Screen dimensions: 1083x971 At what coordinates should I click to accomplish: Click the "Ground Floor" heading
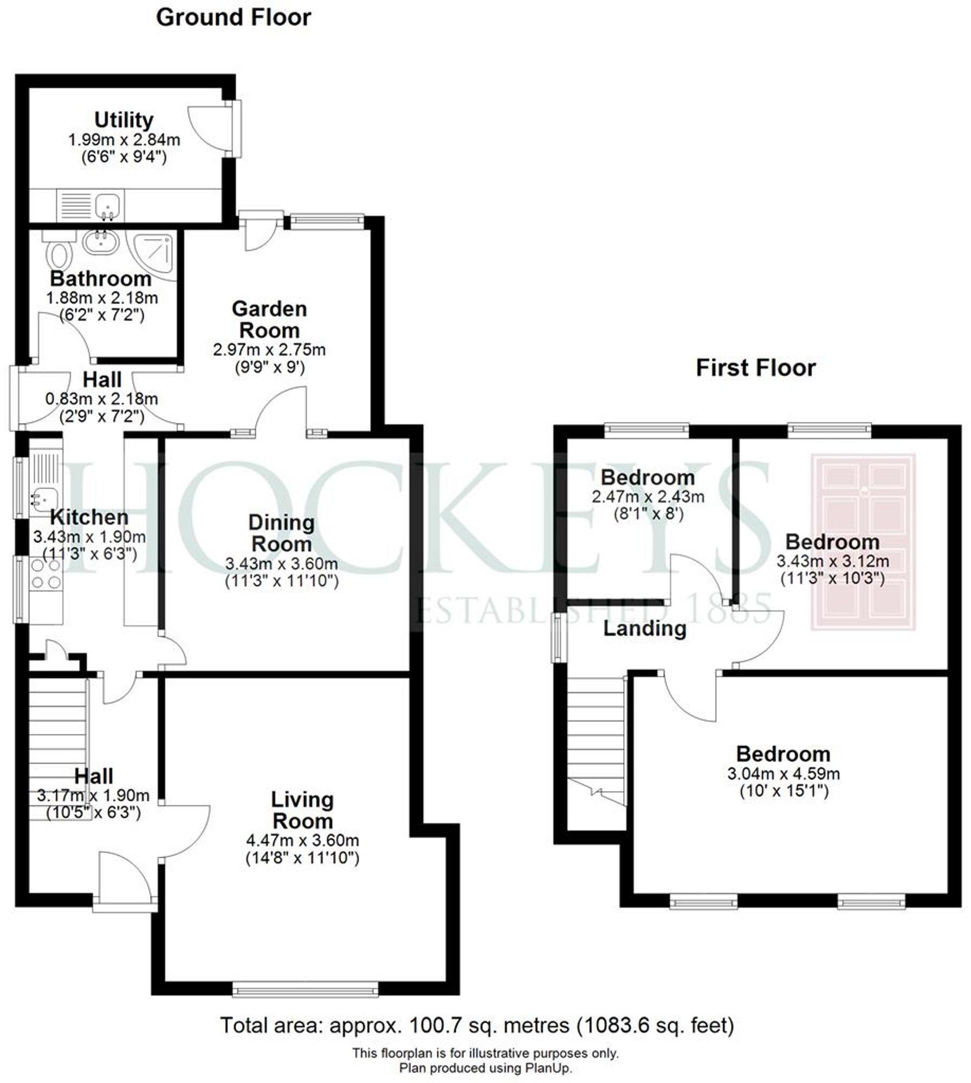point(234,18)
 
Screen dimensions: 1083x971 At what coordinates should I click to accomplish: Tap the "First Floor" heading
point(755,368)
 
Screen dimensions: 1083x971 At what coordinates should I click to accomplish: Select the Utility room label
point(124,120)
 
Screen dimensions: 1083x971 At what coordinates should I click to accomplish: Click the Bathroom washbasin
point(101,242)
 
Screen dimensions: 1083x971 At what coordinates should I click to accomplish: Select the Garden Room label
point(269,319)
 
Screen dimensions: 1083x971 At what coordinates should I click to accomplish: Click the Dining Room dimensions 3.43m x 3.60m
point(282,564)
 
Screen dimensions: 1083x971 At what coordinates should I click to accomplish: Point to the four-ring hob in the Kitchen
point(46,574)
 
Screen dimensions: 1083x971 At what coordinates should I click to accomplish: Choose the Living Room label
point(302,810)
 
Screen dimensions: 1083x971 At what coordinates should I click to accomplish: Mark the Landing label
point(645,629)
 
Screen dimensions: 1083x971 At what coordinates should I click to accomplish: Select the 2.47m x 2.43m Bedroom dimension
point(648,497)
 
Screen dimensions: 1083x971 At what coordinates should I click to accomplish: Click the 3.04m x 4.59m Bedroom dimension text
point(784,773)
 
